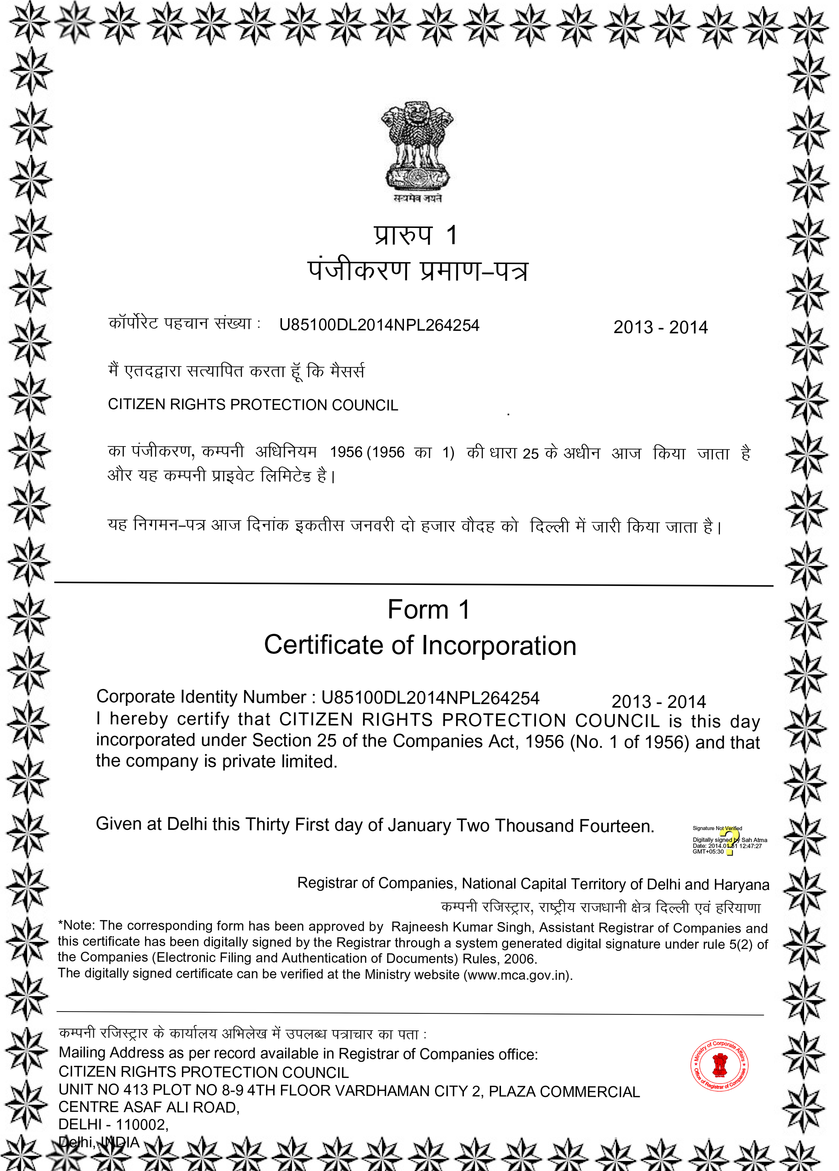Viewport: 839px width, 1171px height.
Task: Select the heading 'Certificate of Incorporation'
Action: (x=420, y=645)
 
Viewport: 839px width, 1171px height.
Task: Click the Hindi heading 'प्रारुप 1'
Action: (x=415, y=235)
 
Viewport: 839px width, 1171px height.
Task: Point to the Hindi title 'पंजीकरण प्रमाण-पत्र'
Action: (x=418, y=270)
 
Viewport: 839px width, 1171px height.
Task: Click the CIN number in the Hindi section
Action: (x=379, y=325)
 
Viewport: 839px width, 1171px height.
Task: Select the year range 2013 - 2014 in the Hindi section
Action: (x=660, y=327)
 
